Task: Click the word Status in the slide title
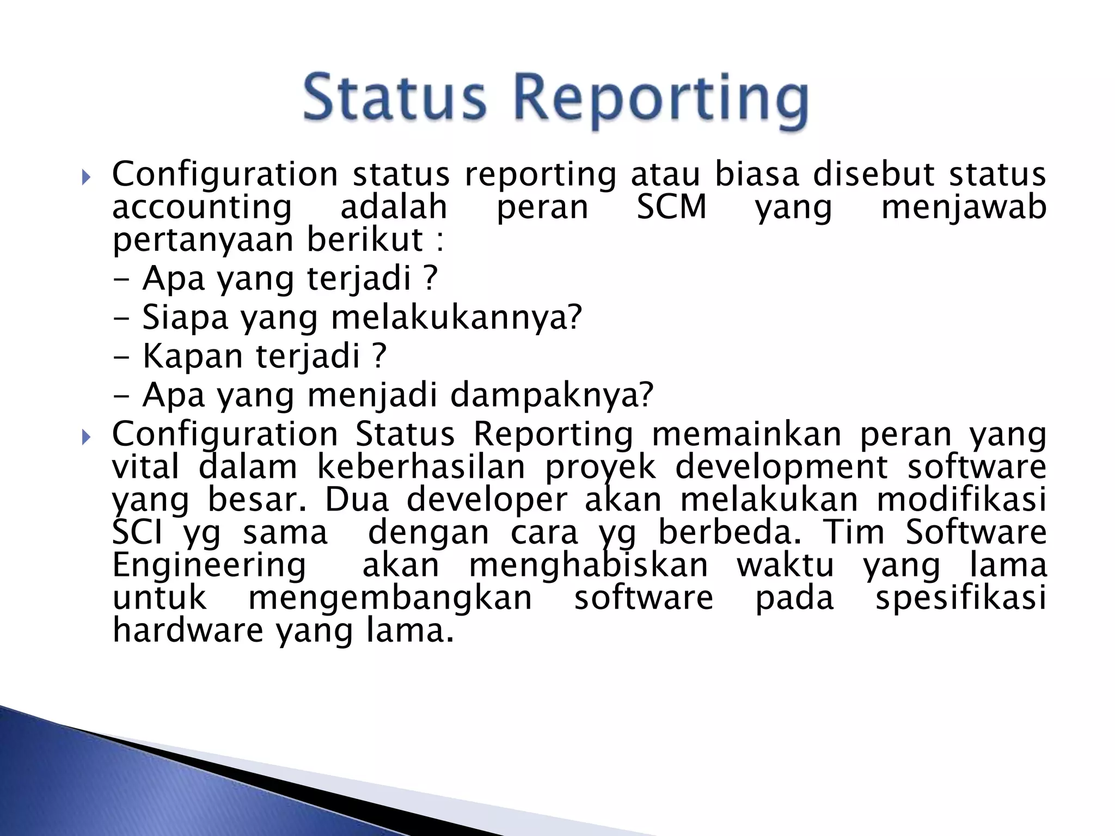(394, 98)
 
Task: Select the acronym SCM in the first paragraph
(671, 208)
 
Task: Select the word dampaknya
(551, 396)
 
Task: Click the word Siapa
(185, 317)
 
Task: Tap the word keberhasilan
(421, 468)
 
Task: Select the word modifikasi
(961, 500)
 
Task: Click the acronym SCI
(137, 532)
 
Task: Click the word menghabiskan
(589, 565)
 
